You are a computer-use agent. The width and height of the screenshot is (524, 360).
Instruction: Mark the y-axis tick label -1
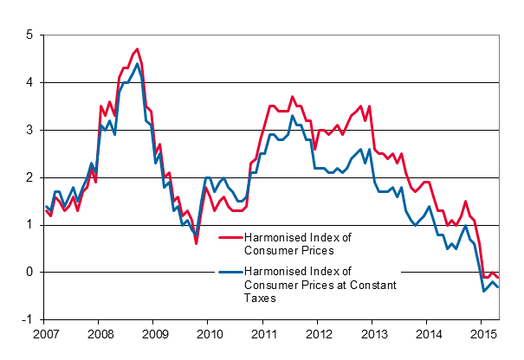27,319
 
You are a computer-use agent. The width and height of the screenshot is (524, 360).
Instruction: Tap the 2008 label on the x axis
100,334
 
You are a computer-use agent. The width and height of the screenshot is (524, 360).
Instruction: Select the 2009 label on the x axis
154,334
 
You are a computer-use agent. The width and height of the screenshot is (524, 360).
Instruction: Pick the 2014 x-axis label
427,334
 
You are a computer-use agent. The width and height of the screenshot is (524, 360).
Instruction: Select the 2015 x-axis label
482,334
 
